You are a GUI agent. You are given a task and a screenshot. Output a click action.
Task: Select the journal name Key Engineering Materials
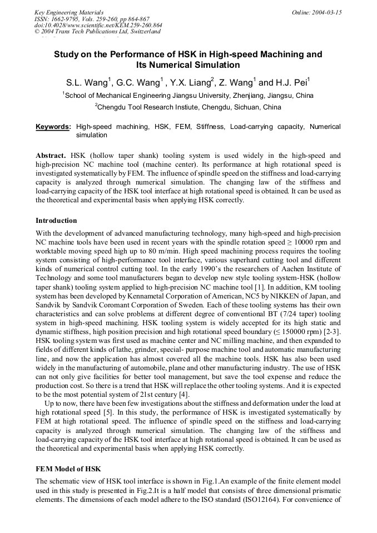pyautogui.click(x=69, y=12)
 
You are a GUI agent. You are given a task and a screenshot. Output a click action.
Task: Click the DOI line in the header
pyautogui.click(x=98, y=25)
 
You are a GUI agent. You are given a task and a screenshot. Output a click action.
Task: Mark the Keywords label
pyautogui.click(x=53, y=127)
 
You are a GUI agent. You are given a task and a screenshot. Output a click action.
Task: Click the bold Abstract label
pyautogui.click(x=51, y=156)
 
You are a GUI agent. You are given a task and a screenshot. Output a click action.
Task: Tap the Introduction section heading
pyautogui.click(x=56, y=221)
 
